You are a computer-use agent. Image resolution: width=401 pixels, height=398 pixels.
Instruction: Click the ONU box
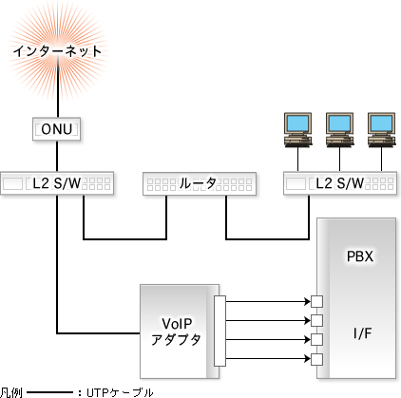(x=56, y=129)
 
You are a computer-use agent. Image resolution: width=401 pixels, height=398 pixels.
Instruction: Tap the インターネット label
(x=57, y=51)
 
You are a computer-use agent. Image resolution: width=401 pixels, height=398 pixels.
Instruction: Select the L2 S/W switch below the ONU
(x=57, y=183)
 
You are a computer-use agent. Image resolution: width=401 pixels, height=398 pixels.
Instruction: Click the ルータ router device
(x=200, y=183)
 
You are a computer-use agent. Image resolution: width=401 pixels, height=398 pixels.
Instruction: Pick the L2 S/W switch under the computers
(x=340, y=183)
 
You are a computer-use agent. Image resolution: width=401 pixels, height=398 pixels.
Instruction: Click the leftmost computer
(x=298, y=130)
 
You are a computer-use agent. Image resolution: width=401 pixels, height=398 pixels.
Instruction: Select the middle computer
(x=340, y=130)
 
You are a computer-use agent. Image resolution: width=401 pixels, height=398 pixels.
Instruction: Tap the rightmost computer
(x=382, y=130)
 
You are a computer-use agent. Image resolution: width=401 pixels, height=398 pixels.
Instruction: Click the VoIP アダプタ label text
(x=176, y=332)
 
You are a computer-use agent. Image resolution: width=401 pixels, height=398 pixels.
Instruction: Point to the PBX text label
(x=360, y=256)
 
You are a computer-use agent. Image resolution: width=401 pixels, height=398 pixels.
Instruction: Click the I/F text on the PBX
(x=362, y=333)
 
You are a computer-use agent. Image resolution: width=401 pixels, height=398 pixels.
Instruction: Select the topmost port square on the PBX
(x=316, y=301)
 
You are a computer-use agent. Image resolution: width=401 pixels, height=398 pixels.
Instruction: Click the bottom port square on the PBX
(x=316, y=359)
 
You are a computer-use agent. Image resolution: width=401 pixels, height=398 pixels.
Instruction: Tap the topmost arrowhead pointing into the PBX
(x=307, y=301)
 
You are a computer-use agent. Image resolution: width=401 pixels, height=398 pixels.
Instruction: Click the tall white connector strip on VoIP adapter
(x=220, y=331)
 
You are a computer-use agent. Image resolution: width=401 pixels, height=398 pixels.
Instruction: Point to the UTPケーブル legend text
(x=120, y=392)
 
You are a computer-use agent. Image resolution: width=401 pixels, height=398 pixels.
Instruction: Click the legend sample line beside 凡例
(x=50, y=393)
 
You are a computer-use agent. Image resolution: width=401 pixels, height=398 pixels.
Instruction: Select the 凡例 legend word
(x=11, y=392)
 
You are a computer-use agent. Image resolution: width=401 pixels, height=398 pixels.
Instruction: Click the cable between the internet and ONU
(x=58, y=86)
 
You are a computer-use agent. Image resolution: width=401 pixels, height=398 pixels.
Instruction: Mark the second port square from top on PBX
(x=316, y=321)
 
